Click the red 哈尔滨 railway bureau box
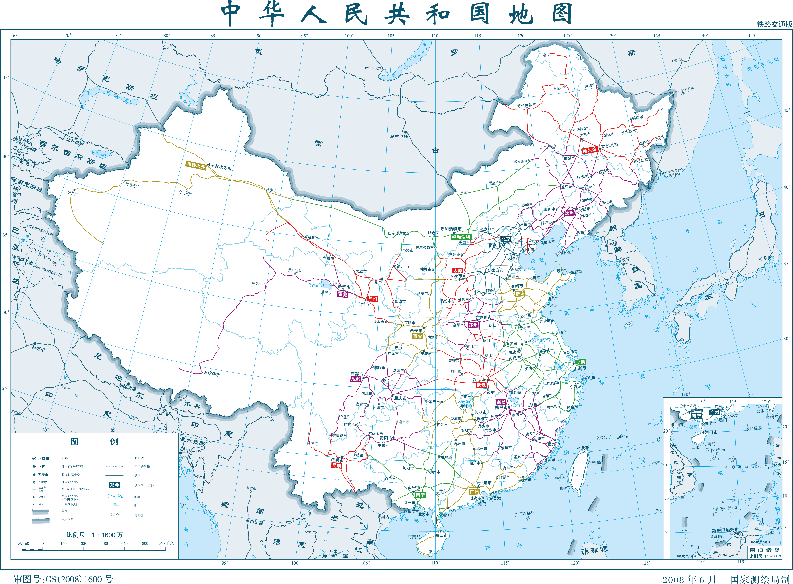coord(589,150)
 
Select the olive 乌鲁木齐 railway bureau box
coord(196,165)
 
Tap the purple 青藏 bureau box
coord(342,294)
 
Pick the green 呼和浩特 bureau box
coord(461,237)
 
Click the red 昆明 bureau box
coord(337,466)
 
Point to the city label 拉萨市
coord(214,374)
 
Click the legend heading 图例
coord(94,442)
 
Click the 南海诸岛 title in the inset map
coord(764,550)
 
